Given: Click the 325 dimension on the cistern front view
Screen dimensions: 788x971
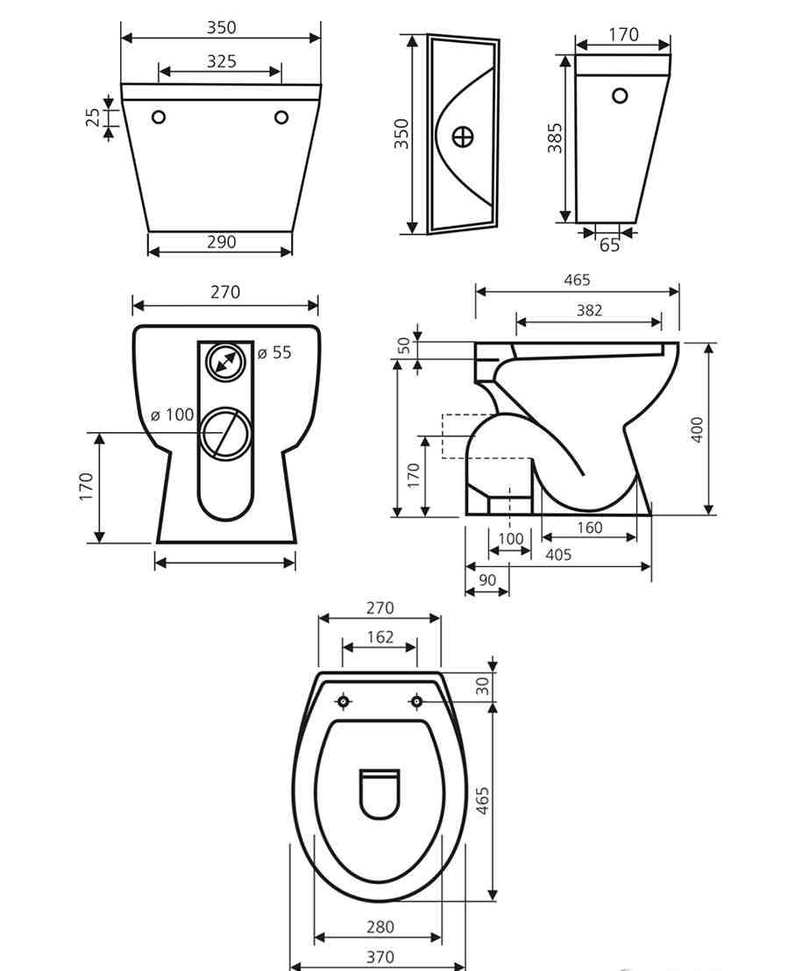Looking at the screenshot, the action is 221,60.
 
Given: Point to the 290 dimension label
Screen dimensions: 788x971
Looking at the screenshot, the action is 221,242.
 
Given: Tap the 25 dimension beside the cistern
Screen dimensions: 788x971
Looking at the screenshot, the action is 92,117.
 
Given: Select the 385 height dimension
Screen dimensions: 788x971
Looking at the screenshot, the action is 555,138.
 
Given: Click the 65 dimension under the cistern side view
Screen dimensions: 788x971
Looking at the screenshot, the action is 609,245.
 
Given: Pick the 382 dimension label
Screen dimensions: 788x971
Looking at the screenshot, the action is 589,309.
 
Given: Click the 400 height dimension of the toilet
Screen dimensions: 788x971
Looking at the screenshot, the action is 697,429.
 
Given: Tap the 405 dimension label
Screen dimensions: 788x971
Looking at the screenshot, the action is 558,554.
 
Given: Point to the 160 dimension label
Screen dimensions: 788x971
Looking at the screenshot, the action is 589,528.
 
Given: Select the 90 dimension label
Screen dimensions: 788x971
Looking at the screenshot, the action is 487,579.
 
